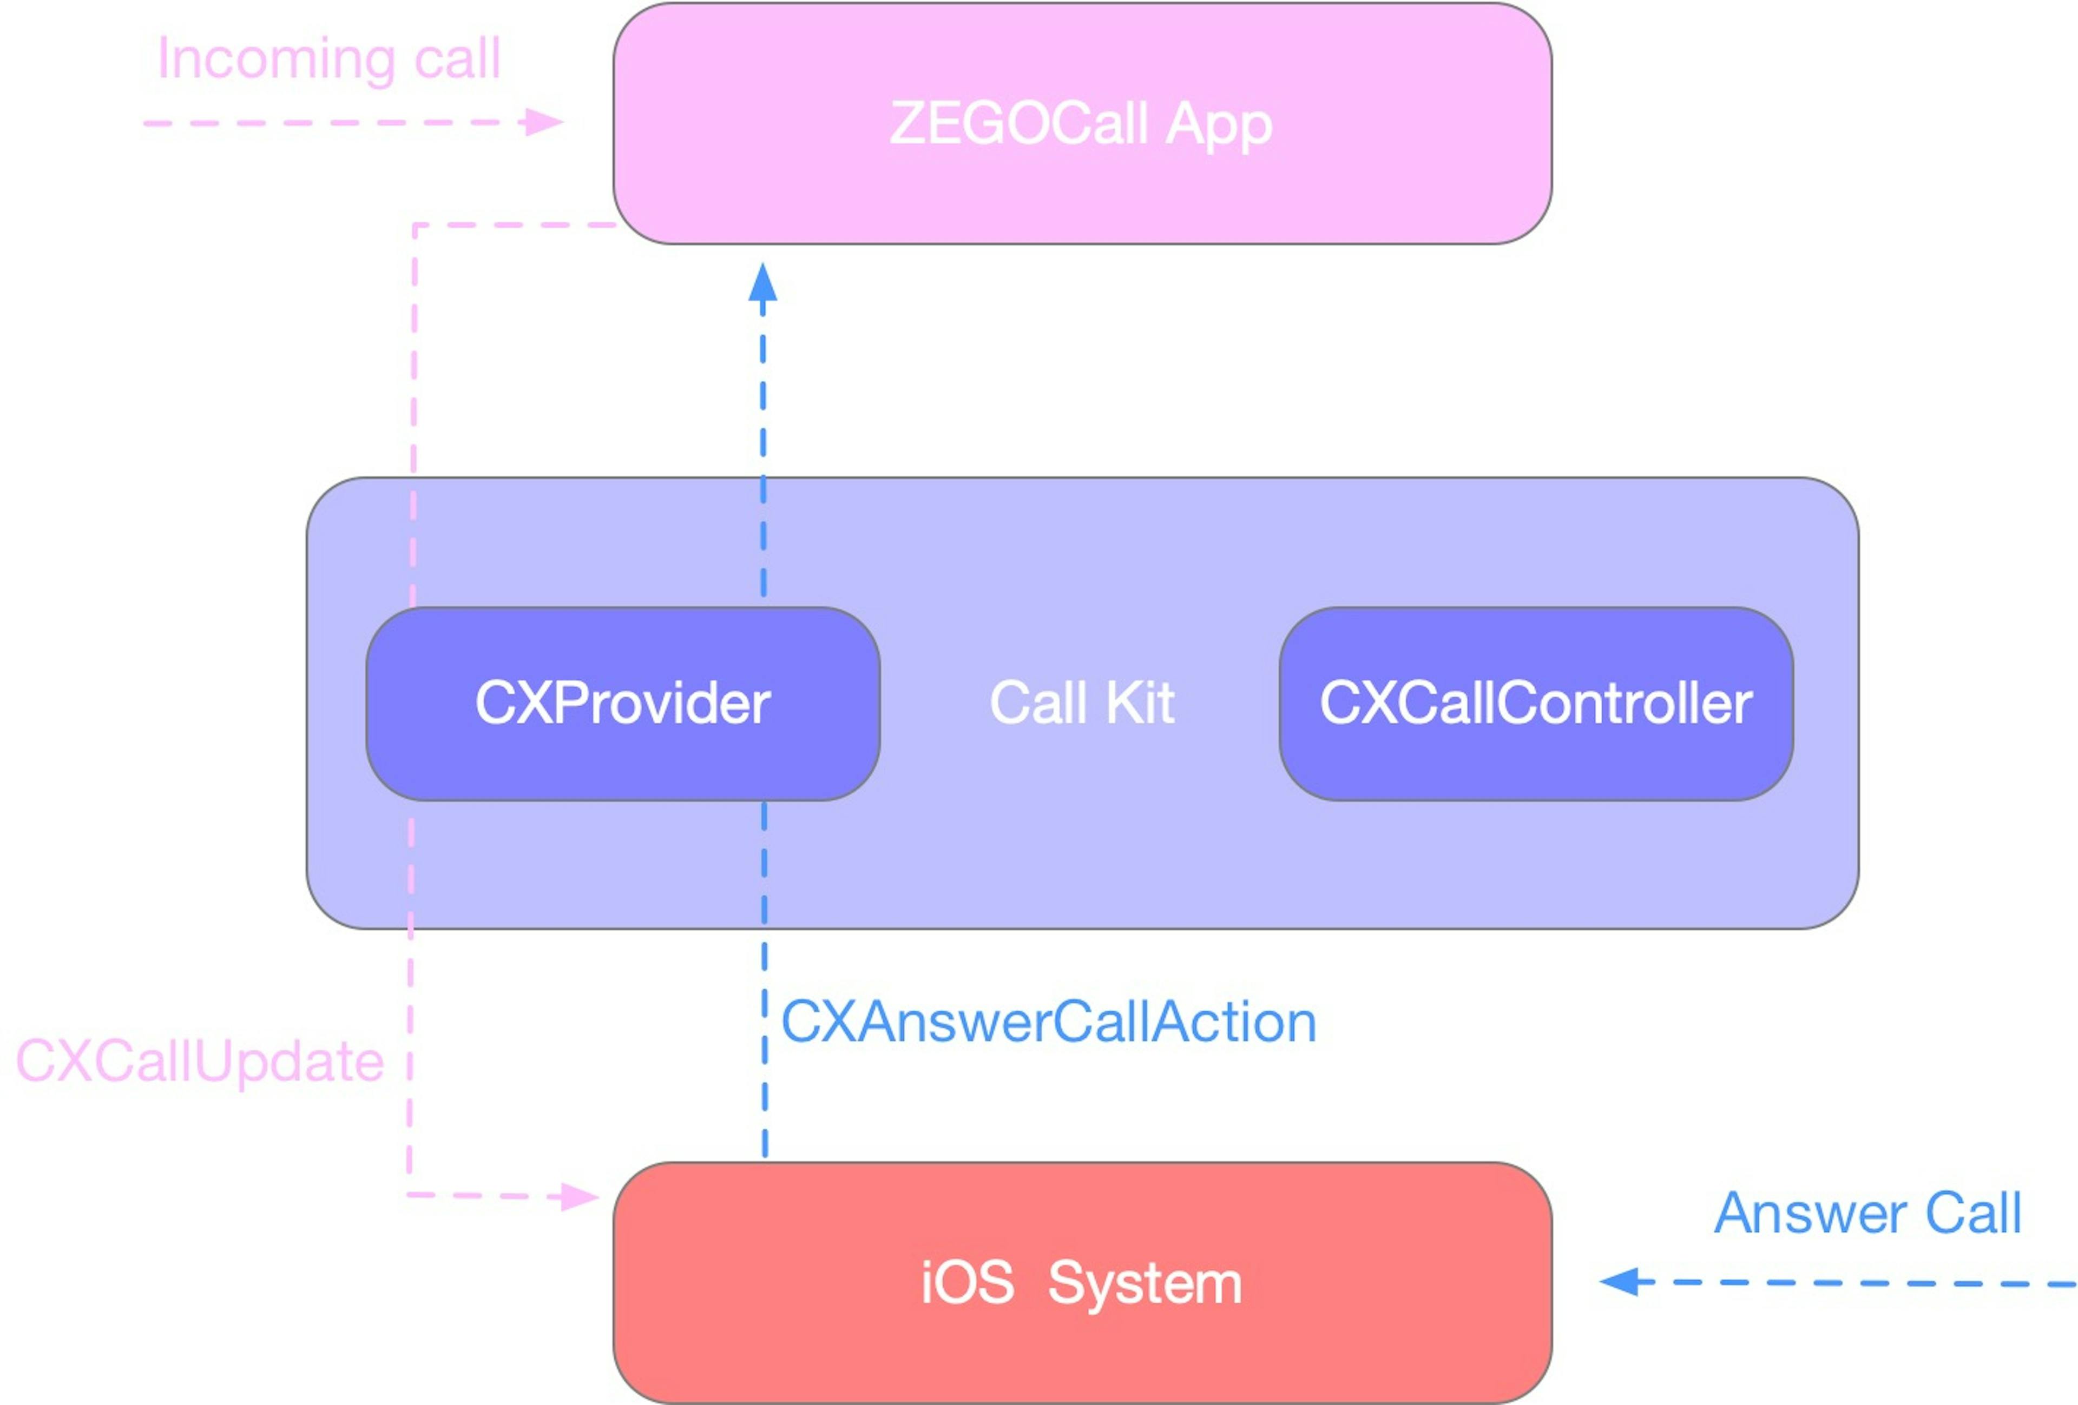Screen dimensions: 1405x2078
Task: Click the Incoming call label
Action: tap(328, 59)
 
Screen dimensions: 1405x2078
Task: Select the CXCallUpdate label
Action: tap(200, 1062)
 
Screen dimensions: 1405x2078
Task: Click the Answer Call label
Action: tap(1867, 1214)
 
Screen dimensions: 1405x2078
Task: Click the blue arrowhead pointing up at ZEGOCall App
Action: tap(762, 283)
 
